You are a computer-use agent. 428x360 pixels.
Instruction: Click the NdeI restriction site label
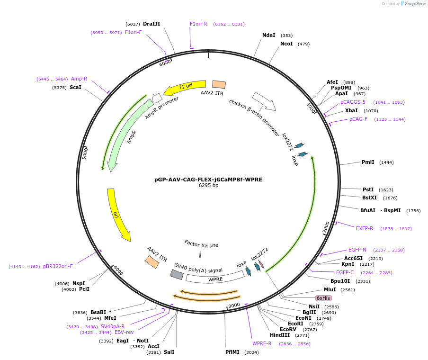point(268,35)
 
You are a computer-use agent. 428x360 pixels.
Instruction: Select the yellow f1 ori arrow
point(185,87)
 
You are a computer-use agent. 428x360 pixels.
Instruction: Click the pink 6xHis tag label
point(323,298)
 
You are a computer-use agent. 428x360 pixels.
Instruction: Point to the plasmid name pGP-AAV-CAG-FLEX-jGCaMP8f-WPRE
point(208,180)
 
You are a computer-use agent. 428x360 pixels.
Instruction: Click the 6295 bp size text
point(208,186)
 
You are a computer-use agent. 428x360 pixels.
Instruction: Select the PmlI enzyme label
point(368,162)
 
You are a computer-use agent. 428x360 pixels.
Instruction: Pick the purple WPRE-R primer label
point(262,343)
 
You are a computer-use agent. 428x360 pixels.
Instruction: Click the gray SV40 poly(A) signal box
point(177,275)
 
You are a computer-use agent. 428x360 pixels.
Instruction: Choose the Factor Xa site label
point(201,244)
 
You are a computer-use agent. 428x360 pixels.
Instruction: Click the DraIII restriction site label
point(152,24)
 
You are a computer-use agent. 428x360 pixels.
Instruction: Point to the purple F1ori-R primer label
point(198,24)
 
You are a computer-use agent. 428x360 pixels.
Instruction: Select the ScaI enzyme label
point(75,87)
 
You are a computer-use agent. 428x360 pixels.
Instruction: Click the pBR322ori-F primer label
point(58,266)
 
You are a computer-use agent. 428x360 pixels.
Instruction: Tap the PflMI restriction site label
point(232,352)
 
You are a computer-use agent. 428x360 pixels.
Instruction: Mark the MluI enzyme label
point(330,289)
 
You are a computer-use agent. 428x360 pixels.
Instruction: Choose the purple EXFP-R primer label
point(365,228)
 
